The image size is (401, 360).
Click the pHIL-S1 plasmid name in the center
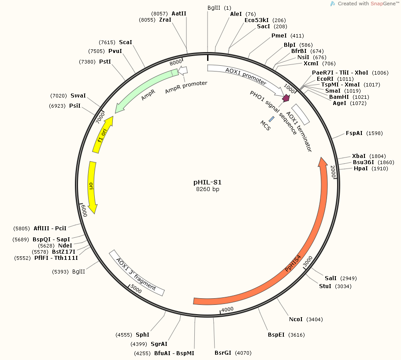[208, 182]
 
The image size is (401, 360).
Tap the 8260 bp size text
[208, 189]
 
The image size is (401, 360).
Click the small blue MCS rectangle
[271, 119]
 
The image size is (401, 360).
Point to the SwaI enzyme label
[78, 95]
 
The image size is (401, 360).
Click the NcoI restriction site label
[296, 319]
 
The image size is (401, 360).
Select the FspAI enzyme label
[354, 133]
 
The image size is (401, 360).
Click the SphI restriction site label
[142, 334]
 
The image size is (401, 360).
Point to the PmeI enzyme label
[279, 36]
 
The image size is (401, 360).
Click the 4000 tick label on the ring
[227, 310]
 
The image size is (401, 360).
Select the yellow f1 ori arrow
[103, 134]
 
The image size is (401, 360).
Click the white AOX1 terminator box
[301, 114]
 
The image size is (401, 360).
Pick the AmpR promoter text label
[186, 86]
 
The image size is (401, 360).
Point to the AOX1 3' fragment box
[137, 274]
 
